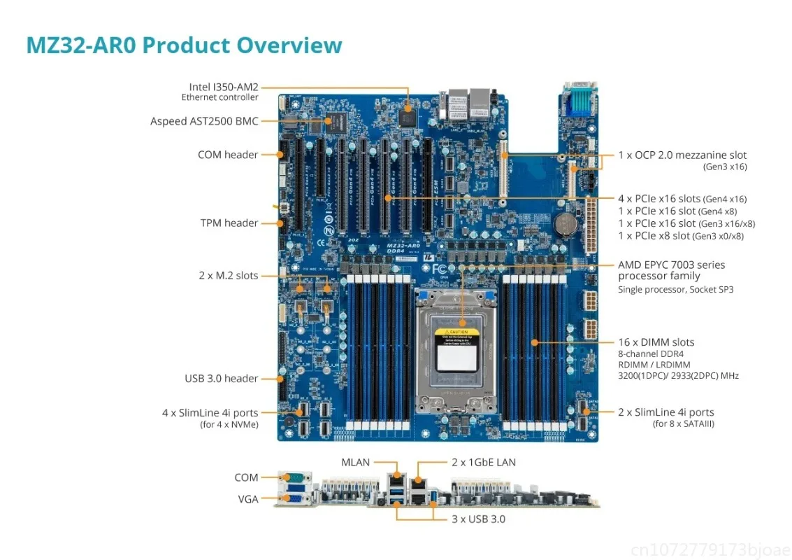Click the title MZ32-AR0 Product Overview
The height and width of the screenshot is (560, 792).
184,45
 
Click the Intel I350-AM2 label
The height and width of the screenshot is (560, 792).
223,87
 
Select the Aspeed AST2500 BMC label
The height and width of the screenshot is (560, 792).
204,121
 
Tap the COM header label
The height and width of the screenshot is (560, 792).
228,155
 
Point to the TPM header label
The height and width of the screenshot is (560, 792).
229,223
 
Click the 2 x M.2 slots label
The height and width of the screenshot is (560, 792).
228,276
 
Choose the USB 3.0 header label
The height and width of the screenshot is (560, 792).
221,379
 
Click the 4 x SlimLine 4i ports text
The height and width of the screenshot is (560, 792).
210,413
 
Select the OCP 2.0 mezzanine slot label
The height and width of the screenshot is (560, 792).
682,155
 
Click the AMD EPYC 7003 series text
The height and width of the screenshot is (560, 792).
671,265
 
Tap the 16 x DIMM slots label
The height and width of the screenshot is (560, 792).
656,342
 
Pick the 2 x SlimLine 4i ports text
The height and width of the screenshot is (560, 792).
665,412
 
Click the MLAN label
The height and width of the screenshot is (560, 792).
355,462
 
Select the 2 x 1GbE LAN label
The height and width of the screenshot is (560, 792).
484,462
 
